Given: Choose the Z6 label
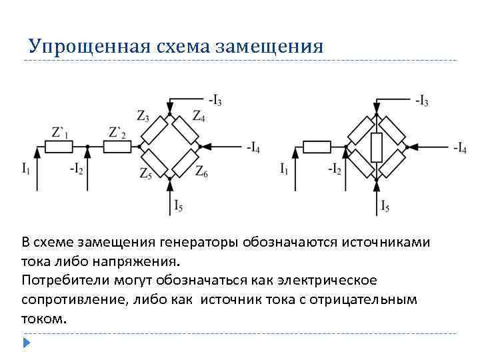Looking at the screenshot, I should coord(201,173).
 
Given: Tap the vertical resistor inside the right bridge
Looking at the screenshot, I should coord(377,147).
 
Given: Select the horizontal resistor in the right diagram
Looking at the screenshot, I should coord(317,147).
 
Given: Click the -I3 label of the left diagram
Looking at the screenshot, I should coord(215,101).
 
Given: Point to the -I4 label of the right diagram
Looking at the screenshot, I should coord(459,148).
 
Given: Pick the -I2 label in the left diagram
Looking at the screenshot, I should coord(77,169).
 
